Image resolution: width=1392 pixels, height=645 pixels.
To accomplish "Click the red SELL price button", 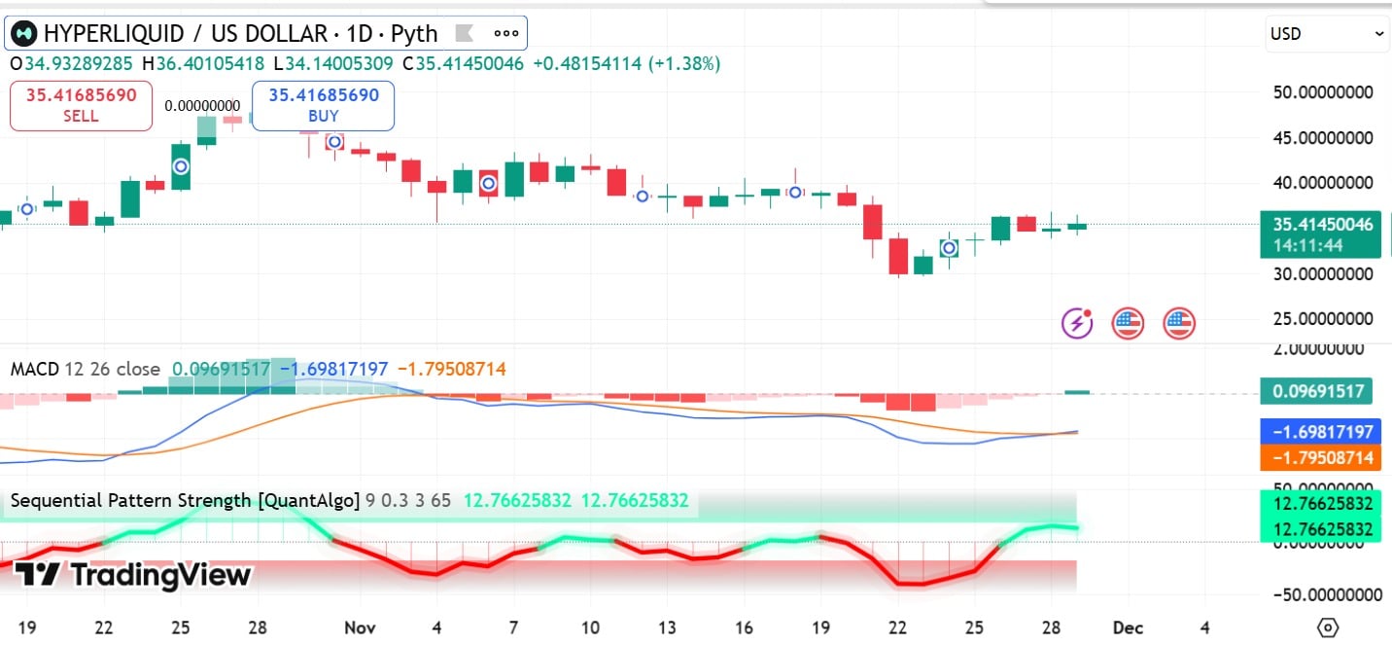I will pos(81,105).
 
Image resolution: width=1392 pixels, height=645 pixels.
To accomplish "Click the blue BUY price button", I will pos(324,105).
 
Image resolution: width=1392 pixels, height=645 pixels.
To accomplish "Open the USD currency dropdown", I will pos(1327,34).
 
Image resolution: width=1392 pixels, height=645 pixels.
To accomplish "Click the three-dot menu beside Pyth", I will pos(506,33).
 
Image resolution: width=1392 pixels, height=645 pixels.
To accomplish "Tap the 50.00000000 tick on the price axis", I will pos(1323,92).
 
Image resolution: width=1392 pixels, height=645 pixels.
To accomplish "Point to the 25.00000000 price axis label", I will pos(1323,319).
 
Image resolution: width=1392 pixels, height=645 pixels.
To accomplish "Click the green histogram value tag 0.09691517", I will pos(1317,392).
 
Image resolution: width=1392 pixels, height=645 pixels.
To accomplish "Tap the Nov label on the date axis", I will pos(360,627).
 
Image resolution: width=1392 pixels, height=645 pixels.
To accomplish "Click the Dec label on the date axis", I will pos(1128,627).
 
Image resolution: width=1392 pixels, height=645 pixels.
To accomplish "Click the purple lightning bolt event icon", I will pos(1077,323).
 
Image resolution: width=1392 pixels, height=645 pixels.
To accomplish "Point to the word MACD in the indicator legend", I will pos(34,370).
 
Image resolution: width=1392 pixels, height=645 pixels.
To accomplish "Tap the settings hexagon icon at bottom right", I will pos(1328,627).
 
